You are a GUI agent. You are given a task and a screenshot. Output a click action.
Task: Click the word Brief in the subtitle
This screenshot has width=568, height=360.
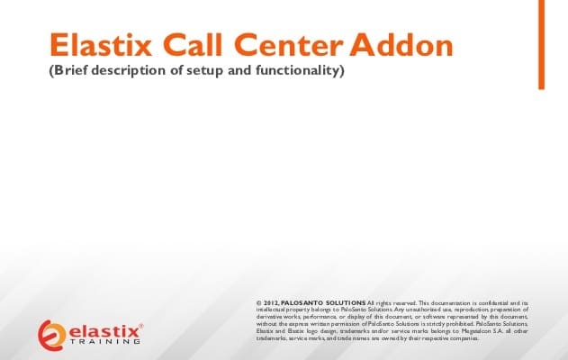point(74,70)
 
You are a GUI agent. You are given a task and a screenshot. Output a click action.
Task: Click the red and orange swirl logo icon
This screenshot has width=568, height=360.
point(51,333)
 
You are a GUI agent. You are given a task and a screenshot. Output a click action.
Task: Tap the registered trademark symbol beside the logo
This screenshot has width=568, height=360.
point(141,325)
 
